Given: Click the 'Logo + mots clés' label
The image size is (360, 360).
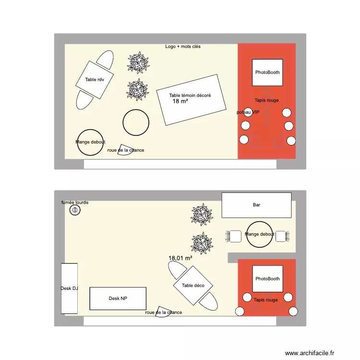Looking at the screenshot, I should [x=183, y=47].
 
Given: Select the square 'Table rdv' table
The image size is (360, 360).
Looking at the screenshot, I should [x=94, y=80].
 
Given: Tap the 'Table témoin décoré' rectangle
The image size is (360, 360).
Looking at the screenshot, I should [x=191, y=100].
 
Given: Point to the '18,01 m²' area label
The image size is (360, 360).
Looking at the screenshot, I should [x=180, y=258].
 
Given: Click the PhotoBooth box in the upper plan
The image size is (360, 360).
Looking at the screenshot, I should [x=267, y=72].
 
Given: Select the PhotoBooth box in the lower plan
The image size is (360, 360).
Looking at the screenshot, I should [x=267, y=279].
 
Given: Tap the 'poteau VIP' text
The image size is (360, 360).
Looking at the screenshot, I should [x=248, y=112].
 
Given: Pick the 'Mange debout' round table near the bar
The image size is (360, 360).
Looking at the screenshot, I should [x=259, y=234].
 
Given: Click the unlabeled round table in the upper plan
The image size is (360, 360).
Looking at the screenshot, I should [x=136, y=122].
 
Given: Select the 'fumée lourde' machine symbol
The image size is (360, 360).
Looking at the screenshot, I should [x=74, y=210].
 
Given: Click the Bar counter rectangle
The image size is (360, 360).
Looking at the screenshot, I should [x=256, y=205].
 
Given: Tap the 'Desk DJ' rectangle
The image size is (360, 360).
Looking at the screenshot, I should [x=69, y=288].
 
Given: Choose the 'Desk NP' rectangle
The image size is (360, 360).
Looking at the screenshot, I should [x=118, y=299].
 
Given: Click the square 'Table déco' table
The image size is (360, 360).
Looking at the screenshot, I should [x=193, y=286].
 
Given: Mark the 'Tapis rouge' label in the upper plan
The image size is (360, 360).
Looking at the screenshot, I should [x=266, y=100].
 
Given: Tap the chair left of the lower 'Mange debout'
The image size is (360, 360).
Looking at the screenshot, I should [x=235, y=236].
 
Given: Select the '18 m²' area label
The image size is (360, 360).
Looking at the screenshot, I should [x=180, y=101].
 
